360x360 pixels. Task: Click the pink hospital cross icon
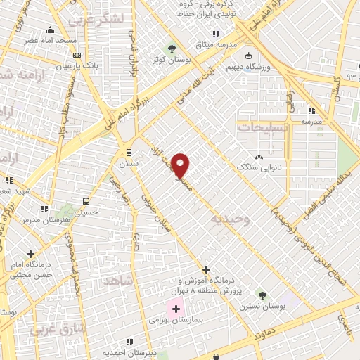175,307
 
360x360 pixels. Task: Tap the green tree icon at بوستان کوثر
171,49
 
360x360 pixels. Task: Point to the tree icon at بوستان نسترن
262,295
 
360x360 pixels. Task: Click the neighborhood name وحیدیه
230,219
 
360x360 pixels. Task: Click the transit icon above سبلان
127,151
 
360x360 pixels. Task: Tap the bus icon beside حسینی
86,200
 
